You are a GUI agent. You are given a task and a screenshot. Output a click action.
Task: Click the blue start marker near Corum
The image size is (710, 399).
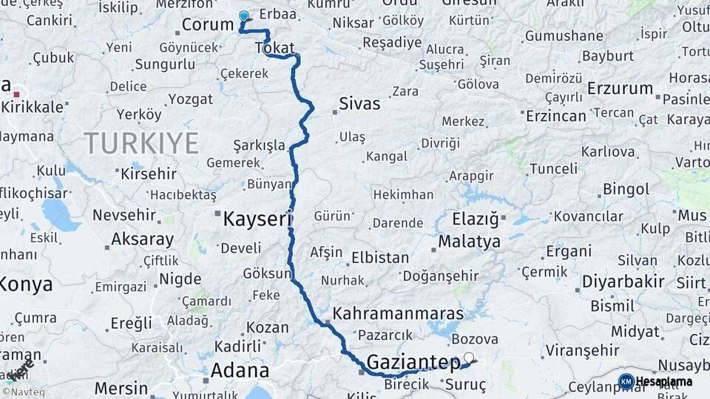pyautogui.click(x=244, y=16)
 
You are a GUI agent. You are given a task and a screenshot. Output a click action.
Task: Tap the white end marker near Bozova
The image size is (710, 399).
pyautogui.click(x=468, y=358)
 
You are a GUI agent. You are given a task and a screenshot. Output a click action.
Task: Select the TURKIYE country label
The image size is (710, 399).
pyautogui.click(x=141, y=143)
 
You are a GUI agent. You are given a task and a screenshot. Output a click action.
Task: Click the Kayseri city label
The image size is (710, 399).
pyautogui.click(x=258, y=219)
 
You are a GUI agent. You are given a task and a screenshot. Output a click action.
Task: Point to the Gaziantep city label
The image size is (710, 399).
pyautogui.click(x=413, y=362)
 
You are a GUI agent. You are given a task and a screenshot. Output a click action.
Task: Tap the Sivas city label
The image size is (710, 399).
pyautogui.click(x=359, y=103)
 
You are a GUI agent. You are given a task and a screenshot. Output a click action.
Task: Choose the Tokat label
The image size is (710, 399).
pyautogui.click(x=274, y=48)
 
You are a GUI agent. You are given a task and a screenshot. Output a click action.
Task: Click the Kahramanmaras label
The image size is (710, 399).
pyautogui.click(x=398, y=313)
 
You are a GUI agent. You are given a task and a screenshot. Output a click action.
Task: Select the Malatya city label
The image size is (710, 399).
pyautogui.click(x=469, y=241)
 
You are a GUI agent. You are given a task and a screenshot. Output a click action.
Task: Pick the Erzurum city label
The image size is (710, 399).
pyautogui.click(x=620, y=89)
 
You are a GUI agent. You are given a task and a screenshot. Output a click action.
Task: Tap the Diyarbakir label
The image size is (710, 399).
pyautogui.click(x=623, y=282)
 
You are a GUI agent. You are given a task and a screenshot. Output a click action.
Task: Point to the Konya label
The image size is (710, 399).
pyautogui.click(x=26, y=284)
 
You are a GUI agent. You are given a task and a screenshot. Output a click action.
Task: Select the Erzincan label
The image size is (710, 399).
pyautogui.click(x=555, y=115)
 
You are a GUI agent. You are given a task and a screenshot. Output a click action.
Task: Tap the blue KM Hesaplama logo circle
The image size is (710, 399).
pyautogui.click(x=626, y=382)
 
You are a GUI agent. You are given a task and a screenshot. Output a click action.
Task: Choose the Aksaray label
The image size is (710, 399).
pyautogui.click(x=142, y=239)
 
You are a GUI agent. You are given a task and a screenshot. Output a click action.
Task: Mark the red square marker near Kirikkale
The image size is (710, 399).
pyautogui.click(x=16, y=94)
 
